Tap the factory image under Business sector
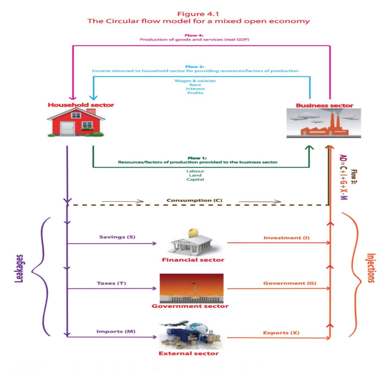pyautogui.click(x=324, y=123)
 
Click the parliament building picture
pyautogui.click(x=191, y=289)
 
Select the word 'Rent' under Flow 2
pyautogui.click(x=195, y=85)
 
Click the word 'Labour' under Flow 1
pyautogui.click(x=195, y=171)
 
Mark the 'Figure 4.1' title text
pyautogui.click(x=198, y=13)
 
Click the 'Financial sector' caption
pyautogui.click(x=193, y=260)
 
